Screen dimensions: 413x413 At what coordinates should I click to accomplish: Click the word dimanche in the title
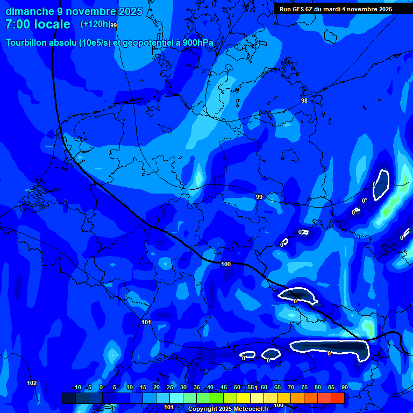[x=30, y=11]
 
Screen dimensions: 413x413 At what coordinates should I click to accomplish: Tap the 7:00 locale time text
[x=38, y=24]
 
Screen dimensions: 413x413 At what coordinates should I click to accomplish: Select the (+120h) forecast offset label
[x=95, y=24]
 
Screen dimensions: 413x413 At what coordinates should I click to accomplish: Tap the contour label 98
[x=304, y=101]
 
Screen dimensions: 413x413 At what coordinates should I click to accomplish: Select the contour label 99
[x=259, y=197]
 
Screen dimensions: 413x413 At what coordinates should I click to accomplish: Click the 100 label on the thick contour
[x=226, y=264]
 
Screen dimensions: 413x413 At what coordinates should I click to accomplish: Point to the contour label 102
[x=32, y=383]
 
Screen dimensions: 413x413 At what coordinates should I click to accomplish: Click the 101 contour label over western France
[x=146, y=322]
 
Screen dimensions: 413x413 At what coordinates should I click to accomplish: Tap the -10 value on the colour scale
[x=76, y=388]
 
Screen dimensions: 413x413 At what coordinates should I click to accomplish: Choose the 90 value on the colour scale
[x=344, y=388]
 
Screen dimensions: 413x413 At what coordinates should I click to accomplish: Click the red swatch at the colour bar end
[x=337, y=398]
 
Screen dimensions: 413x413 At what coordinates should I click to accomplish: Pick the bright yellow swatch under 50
[x=243, y=398]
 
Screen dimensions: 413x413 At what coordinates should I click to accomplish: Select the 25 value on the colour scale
[x=170, y=388]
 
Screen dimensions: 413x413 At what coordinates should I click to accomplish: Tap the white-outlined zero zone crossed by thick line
[x=297, y=295]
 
